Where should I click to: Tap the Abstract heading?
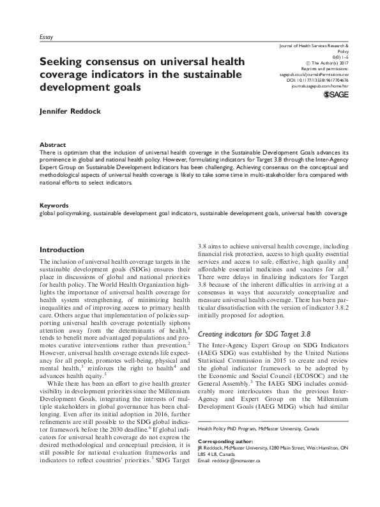53,145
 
